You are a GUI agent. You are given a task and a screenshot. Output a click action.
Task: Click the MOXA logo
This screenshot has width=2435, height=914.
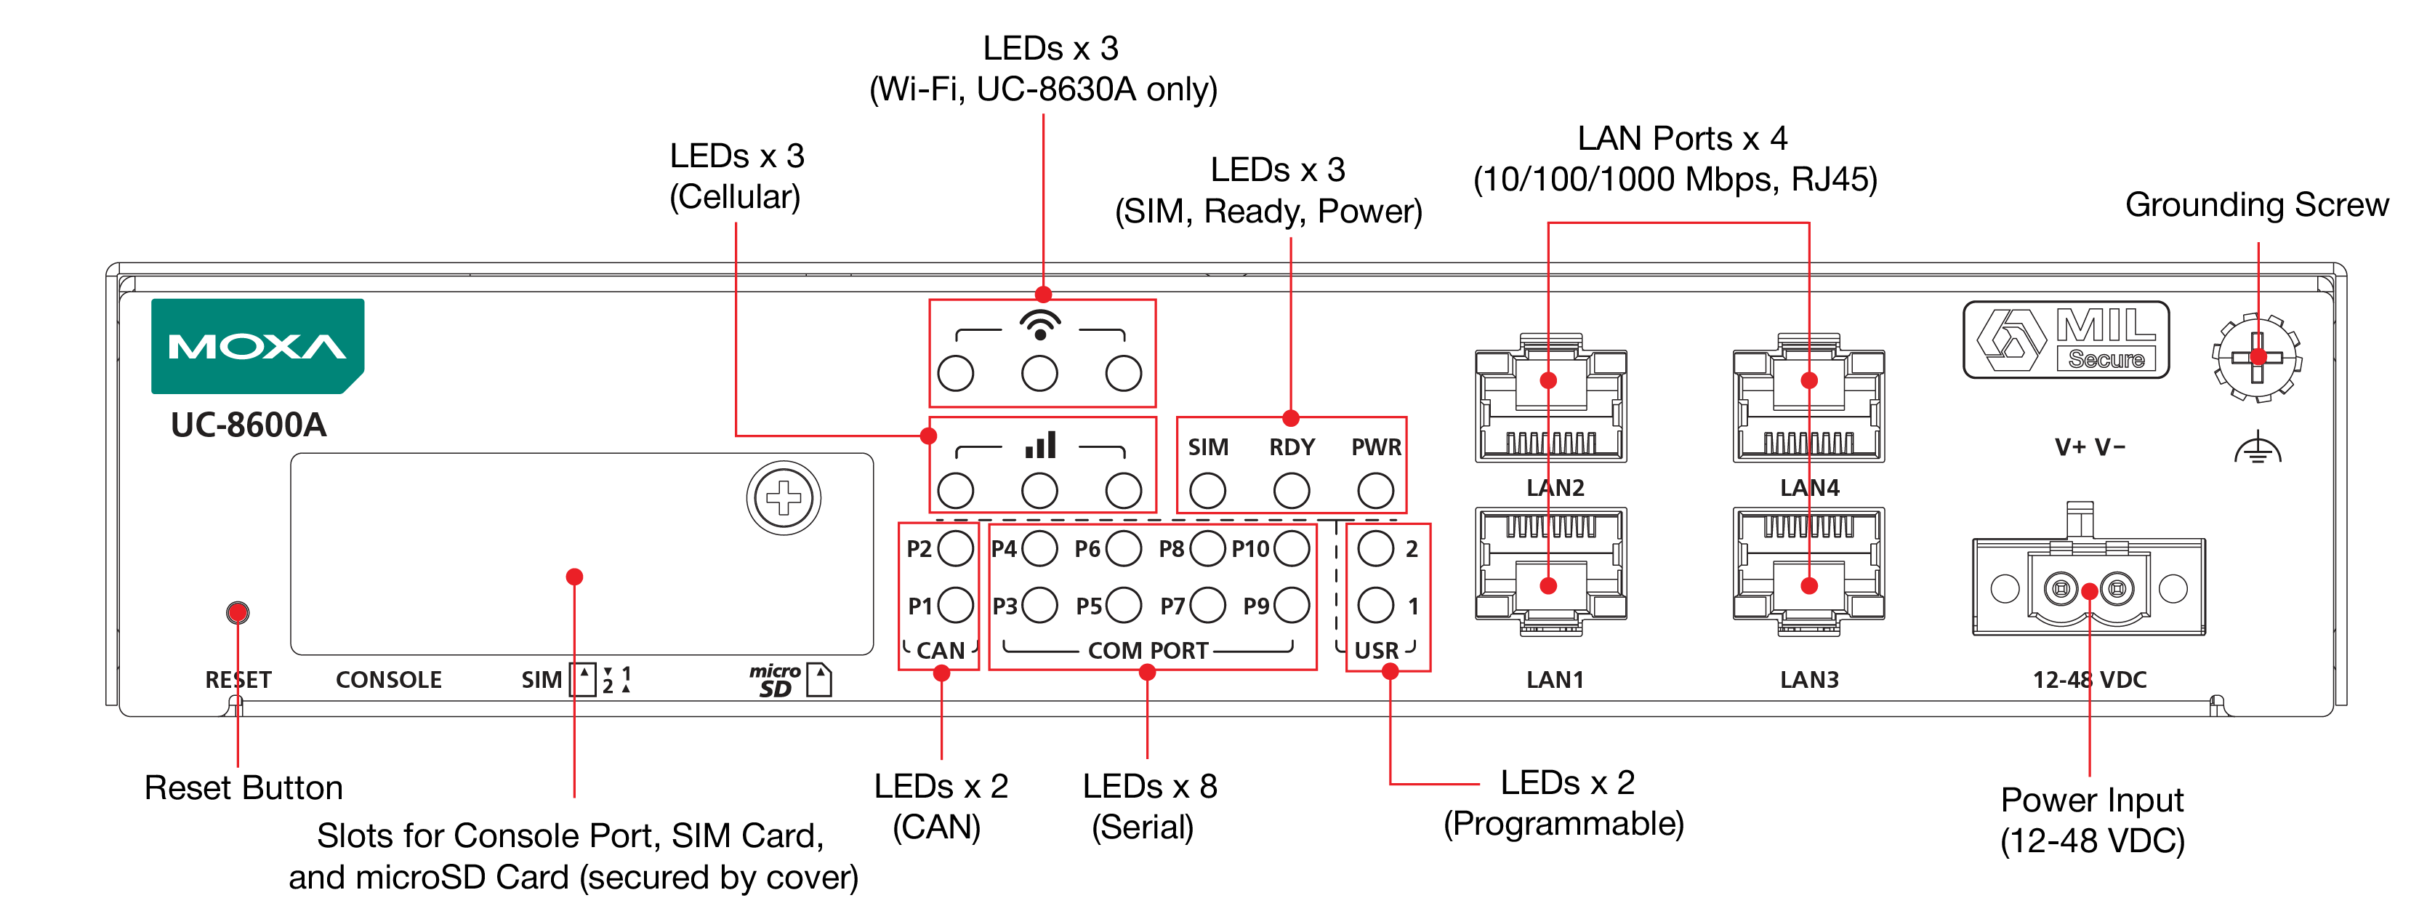[x=257, y=346]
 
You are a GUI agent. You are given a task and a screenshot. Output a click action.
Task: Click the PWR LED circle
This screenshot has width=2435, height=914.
[x=1375, y=491]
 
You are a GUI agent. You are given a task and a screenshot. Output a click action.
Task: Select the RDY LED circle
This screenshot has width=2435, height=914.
[x=1291, y=491]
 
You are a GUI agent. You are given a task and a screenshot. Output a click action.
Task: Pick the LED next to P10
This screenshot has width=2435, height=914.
[x=1291, y=548]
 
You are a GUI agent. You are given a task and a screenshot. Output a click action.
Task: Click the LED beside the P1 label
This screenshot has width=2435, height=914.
[x=956, y=605]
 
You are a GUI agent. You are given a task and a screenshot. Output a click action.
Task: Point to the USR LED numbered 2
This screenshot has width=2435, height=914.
[x=1375, y=548]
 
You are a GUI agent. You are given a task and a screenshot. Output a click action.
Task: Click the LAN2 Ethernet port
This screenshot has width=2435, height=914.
[x=1551, y=398]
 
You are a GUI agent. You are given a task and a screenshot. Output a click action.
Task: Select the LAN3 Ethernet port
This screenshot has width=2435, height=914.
[x=1808, y=571]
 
